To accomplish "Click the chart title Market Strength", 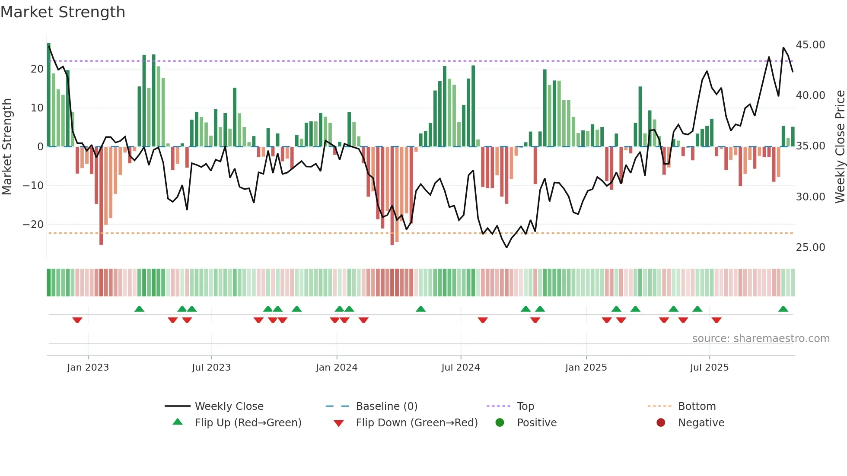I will [63, 12].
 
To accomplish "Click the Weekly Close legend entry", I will [229, 406].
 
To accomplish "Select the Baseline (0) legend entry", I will [386, 406].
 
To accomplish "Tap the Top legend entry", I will [525, 406].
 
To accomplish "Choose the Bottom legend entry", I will [697, 406].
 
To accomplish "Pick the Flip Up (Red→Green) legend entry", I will [248, 423].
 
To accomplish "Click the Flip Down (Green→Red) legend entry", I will [417, 423].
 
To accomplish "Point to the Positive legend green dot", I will [500, 423].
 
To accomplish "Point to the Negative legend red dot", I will [661, 423].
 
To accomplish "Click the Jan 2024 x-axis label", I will [337, 368].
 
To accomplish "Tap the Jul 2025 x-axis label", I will [709, 368].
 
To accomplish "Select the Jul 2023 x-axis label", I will [211, 368].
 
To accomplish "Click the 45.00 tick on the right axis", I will [810, 45].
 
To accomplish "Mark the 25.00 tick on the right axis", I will [810, 248].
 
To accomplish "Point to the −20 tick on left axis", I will [33, 225].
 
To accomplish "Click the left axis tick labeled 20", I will [37, 69].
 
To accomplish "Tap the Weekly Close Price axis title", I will [840, 147].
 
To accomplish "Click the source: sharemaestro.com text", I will [761, 339].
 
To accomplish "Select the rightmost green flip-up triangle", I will [783, 309].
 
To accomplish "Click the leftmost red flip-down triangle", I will [77, 320].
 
